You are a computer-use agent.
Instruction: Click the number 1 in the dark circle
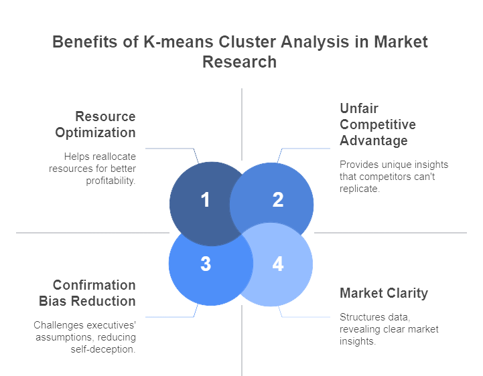[x=205, y=199]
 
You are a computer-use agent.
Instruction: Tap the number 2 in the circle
[x=278, y=199]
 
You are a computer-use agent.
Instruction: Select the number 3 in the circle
[x=206, y=264]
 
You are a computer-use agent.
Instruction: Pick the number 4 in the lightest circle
[x=278, y=264]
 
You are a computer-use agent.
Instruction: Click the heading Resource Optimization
[x=96, y=124]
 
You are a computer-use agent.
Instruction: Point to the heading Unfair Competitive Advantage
[x=378, y=124]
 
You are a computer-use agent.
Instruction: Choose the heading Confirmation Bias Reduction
[x=88, y=293]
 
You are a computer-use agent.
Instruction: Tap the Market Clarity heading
[x=384, y=293]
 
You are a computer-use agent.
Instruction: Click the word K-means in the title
[x=178, y=41]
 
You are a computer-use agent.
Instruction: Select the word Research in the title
[x=239, y=62]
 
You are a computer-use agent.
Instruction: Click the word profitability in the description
[x=111, y=181]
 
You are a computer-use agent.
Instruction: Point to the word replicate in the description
[x=360, y=189]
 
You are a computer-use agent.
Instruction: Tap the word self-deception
[x=103, y=349]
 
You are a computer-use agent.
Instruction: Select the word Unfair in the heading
[x=359, y=108]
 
